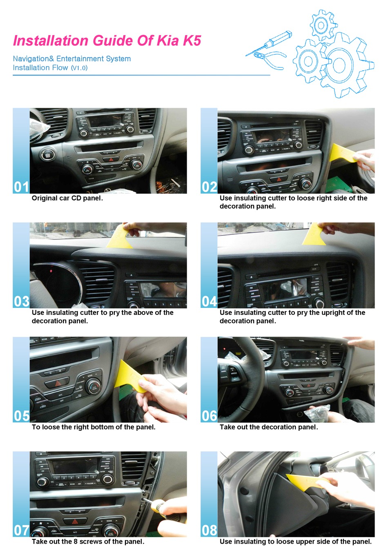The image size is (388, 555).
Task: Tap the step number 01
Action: point(21,187)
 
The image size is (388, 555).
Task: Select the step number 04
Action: point(209,301)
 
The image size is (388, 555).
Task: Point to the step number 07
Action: point(21,530)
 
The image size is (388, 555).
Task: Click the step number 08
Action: point(209,530)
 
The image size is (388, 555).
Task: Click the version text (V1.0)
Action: point(79,68)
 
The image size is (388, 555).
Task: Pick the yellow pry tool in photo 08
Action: point(304,482)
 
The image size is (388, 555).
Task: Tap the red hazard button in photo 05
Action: point(57,383)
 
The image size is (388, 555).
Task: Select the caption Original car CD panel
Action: point(67,198)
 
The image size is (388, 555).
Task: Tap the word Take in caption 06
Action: point(227,427)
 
